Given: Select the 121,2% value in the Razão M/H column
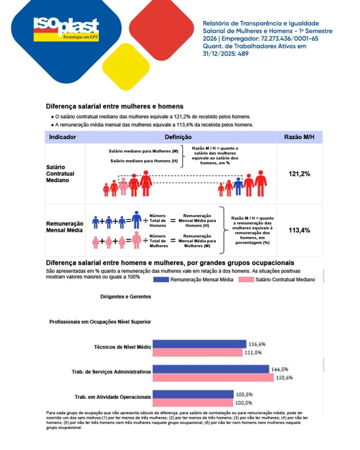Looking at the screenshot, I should (x=299, y=174).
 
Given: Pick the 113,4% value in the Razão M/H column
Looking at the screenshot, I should (x=299, y=230).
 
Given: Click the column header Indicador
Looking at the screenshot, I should (x=62, y=137).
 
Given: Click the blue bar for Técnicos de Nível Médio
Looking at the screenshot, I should (x=199, y=344).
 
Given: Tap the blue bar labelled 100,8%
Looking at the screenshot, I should (x=193, y=394).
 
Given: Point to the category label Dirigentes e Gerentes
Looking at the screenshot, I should (x=119, y=297).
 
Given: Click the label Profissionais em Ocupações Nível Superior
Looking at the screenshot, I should (x=100, y=322).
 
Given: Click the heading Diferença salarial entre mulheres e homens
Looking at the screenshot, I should (x=114, y=106).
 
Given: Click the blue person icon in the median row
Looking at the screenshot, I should (x=238, y=186).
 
